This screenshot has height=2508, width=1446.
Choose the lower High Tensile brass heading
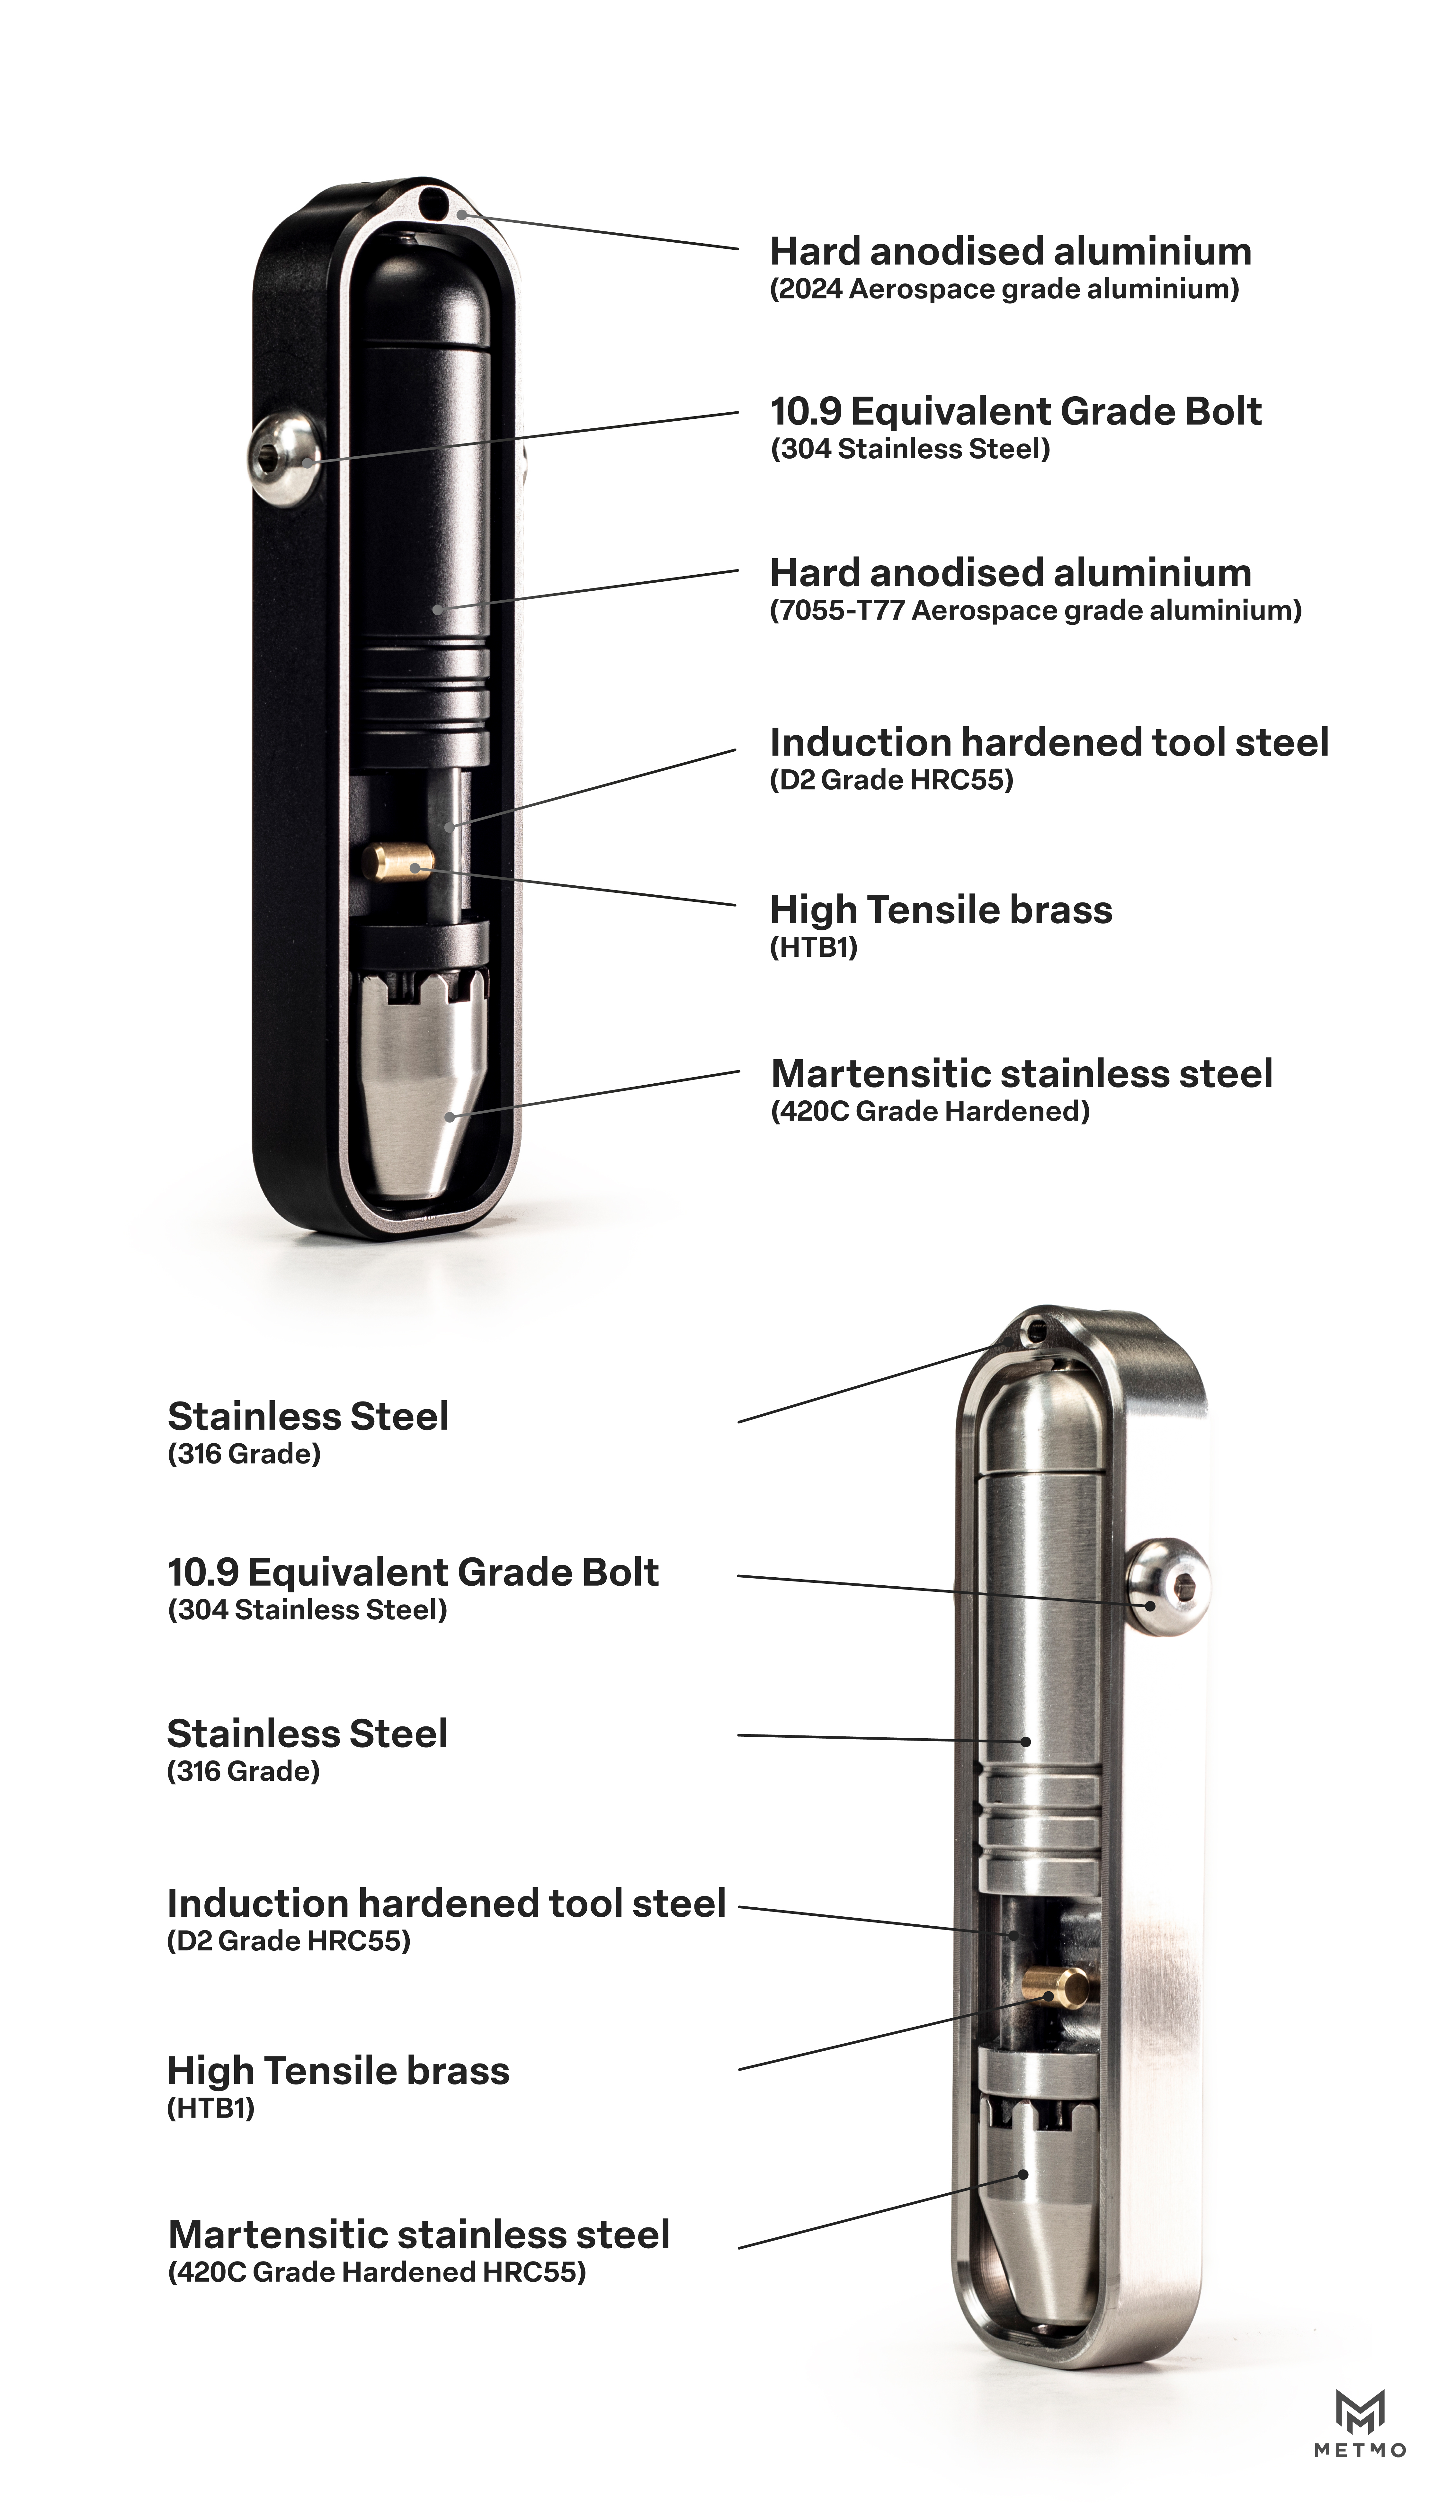339,2071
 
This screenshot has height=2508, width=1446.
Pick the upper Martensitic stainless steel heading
1022,1074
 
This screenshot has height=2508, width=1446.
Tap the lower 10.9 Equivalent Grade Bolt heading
413,1572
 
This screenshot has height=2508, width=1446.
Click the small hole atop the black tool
433,205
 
